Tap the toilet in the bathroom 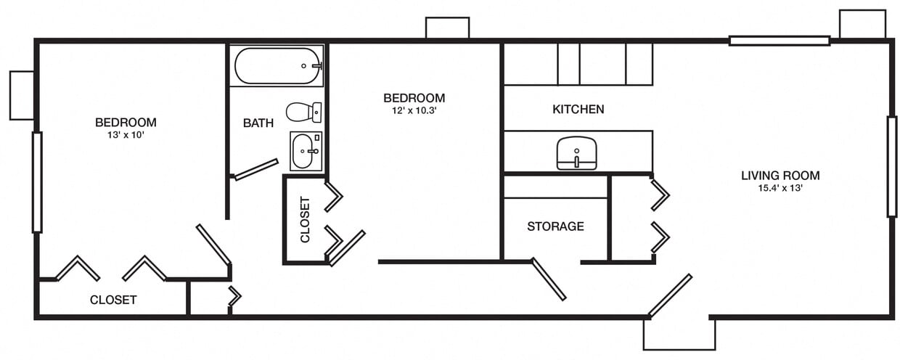click(x=303, y=112)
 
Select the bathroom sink click(x=305, y=151)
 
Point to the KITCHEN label click(x=578, y=110)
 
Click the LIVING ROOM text click(x=780, y=175)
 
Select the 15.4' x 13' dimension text click(x=780, y=188)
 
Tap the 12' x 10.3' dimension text click(x=414, y=111)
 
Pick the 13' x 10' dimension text click(x=126, y=135)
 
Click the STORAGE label click(x=555, y=226)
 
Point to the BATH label click(x=258, y=123)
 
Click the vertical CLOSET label click(x=305, y=220)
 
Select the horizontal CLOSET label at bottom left click(x=113, y=300)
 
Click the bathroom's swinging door click(x=256, y=169)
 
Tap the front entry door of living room click(x=669, y=295)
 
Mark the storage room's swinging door click(x=549, y=279)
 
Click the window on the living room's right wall click(x=891, y=166)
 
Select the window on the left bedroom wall click(x=37, y=181)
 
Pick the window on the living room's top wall click(x=779, y=41)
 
